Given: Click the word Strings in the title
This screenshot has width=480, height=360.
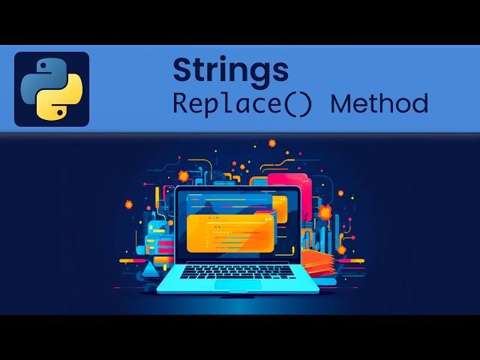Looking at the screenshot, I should (x=230, y=70).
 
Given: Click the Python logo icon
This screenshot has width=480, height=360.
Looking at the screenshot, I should (x=52, y=89).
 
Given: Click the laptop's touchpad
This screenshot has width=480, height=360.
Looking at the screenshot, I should (x=238, y=283).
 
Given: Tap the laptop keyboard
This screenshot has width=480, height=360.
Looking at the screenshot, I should (x=238, y=271).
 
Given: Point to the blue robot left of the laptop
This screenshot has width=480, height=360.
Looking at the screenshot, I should (x=157, y=238).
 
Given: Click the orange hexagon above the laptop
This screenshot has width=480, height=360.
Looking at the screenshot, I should (x=271, y=142).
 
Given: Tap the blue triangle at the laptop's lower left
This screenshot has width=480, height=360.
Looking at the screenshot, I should (x=150, y=268).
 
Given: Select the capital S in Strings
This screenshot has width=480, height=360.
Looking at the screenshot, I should (x=182, y=70).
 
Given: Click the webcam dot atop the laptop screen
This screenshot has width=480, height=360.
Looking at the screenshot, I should (x=238, y=189).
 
